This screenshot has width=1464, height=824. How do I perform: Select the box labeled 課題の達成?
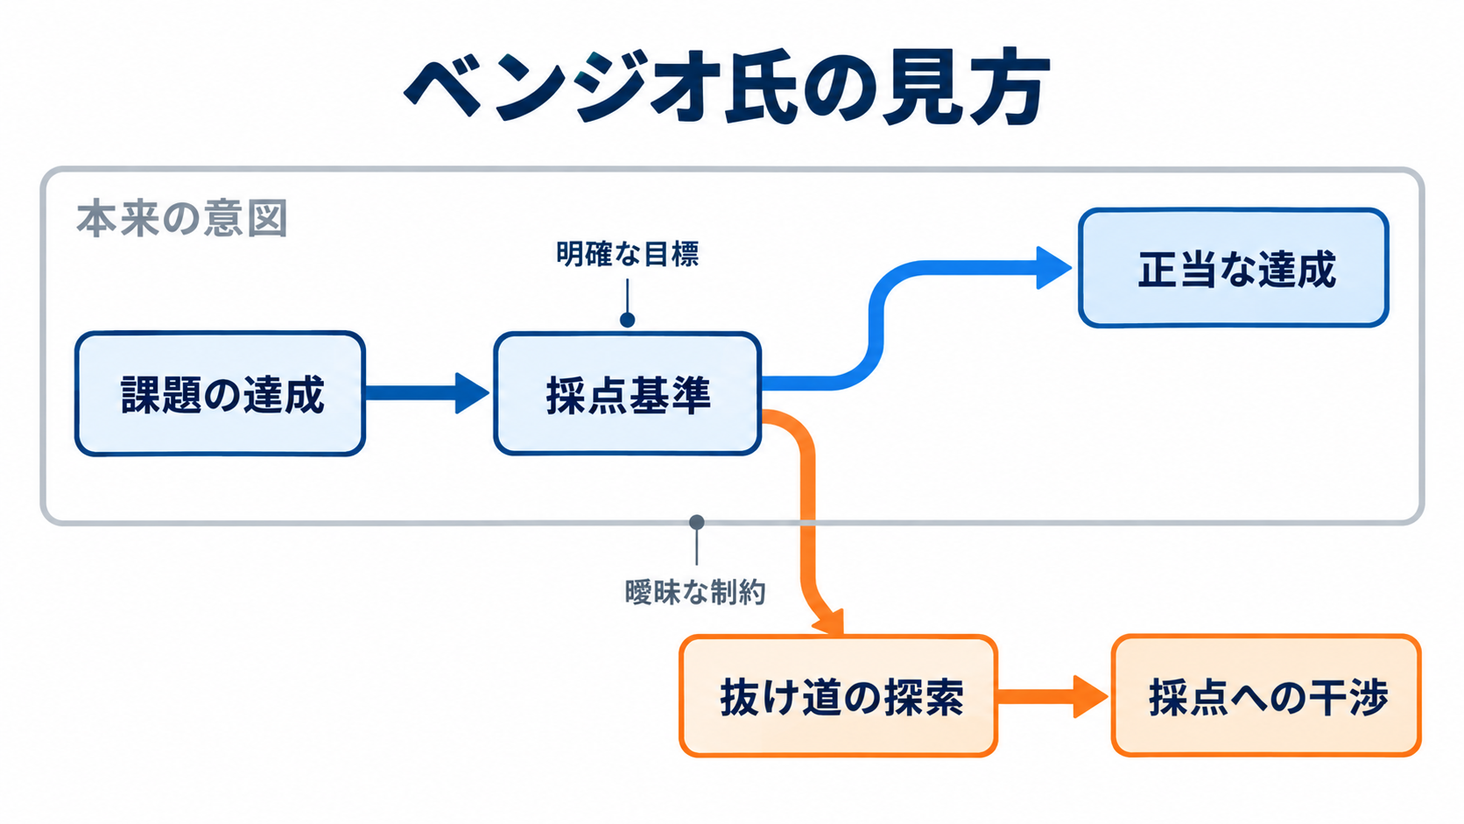coord(221,393)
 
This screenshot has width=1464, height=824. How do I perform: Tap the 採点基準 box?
coord(628,393)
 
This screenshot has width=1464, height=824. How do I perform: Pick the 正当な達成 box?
coord(1234,268)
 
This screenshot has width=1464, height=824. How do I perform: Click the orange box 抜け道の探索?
coord(839,696)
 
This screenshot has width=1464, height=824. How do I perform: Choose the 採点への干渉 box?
coord(1267,696)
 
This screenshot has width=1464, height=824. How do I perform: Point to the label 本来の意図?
coord(182,218)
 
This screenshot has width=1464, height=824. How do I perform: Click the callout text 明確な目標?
coord(628,254)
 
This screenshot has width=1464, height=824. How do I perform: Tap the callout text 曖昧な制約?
coord(694,593)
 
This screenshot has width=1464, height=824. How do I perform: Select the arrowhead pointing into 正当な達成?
coord(1053,268)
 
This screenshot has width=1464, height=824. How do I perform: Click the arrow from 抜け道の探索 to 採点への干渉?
coord(1052,696)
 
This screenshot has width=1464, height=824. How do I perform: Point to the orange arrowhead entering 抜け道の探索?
coord(828,622)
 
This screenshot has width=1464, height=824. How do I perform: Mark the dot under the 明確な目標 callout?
coord(628,320)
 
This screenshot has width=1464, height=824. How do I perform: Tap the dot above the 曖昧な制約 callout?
coord(697,522)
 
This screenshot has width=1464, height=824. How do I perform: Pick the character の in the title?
coord(839,88)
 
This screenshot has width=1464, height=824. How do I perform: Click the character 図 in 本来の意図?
coord(267,218)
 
